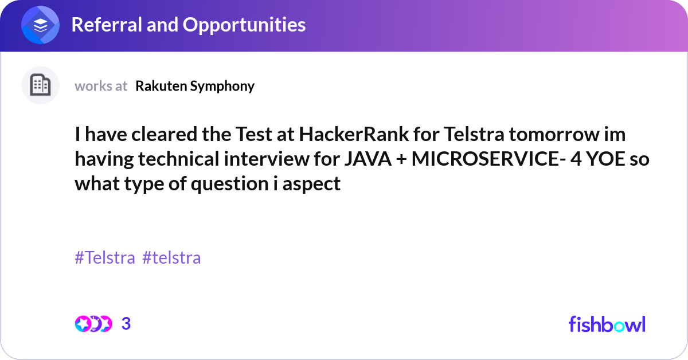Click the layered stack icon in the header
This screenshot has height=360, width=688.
(x=40, y=25)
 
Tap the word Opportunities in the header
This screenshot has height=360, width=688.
(x=244, y=25)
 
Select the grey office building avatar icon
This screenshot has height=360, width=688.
(x=40, y=85)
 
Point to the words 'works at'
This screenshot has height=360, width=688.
(x=101, y=86)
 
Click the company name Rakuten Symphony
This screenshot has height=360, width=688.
(x=195, y=87)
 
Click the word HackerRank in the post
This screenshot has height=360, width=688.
(x=354, y=134)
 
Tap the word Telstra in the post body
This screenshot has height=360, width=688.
(x=474, y=134)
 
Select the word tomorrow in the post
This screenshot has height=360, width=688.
(x=554, y=135)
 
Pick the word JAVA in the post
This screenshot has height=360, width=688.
(x=368, y=159)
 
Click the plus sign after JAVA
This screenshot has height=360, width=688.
(x=401, y=160)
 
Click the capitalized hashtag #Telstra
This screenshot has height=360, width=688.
(x=105, y=257)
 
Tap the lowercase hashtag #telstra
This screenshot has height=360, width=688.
(x=171, y=257)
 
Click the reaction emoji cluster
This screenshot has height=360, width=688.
(x=93, y=324)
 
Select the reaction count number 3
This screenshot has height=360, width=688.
(x=126, y=324)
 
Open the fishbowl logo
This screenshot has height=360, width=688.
(x=607, y=324)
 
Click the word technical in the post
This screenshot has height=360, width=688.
(x=179, y=159)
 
